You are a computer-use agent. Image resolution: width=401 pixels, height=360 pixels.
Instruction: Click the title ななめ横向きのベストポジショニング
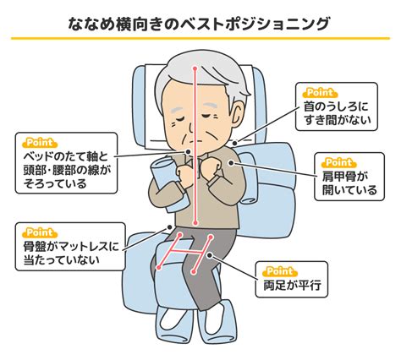(199, 24)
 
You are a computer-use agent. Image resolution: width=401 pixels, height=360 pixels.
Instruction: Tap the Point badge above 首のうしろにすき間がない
(320, 93)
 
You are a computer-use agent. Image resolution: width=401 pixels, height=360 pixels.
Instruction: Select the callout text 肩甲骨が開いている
(349, 183)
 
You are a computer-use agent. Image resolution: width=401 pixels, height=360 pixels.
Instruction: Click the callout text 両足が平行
(292, 285)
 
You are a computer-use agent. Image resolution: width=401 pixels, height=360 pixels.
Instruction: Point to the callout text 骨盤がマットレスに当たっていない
(71, 253)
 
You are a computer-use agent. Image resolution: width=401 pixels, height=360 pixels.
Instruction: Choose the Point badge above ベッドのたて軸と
(40, 143)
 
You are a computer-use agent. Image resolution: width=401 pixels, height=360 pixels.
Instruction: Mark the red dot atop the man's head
(195, 68)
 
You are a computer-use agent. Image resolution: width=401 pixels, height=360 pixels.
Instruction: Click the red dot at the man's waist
(195, 223)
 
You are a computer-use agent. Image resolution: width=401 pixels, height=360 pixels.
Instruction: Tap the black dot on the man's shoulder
(231, 163)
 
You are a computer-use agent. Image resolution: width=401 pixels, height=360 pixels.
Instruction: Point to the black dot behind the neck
(234, 143)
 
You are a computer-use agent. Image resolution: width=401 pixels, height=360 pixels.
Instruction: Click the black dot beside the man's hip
(169, 227)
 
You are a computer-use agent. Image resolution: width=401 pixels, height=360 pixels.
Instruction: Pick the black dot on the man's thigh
(210, 255)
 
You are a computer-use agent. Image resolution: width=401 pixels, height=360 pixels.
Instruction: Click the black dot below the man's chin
(188, 151)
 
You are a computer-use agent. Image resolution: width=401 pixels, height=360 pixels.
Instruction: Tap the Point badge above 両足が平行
(279, 272)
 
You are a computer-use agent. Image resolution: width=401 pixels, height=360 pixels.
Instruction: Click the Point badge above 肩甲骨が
(339, 163)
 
